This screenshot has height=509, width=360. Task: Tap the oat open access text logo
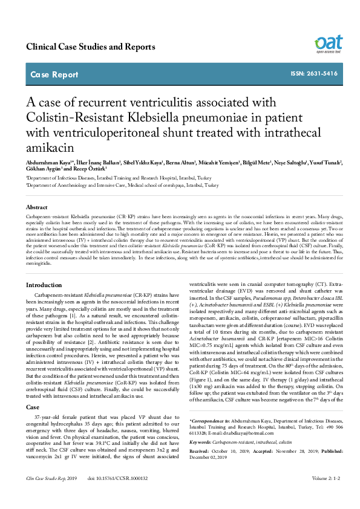coord(329,45)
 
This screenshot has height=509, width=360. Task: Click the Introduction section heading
coord(44,284)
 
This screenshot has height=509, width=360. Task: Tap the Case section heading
coord(33,408)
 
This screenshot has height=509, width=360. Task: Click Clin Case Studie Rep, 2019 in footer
coord(51,496)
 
